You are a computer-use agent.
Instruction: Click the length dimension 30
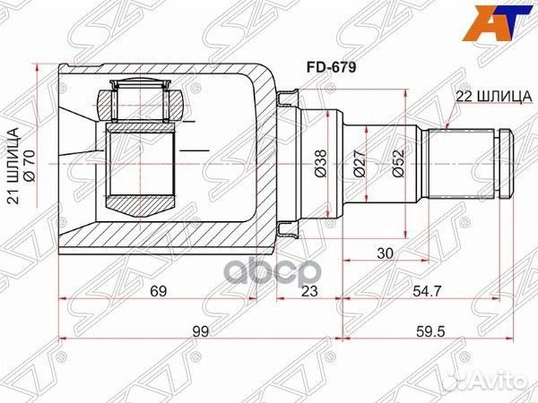click(386, 253)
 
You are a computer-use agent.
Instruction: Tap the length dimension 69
click(158, 291)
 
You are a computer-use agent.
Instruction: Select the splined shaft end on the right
click(466, 165)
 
